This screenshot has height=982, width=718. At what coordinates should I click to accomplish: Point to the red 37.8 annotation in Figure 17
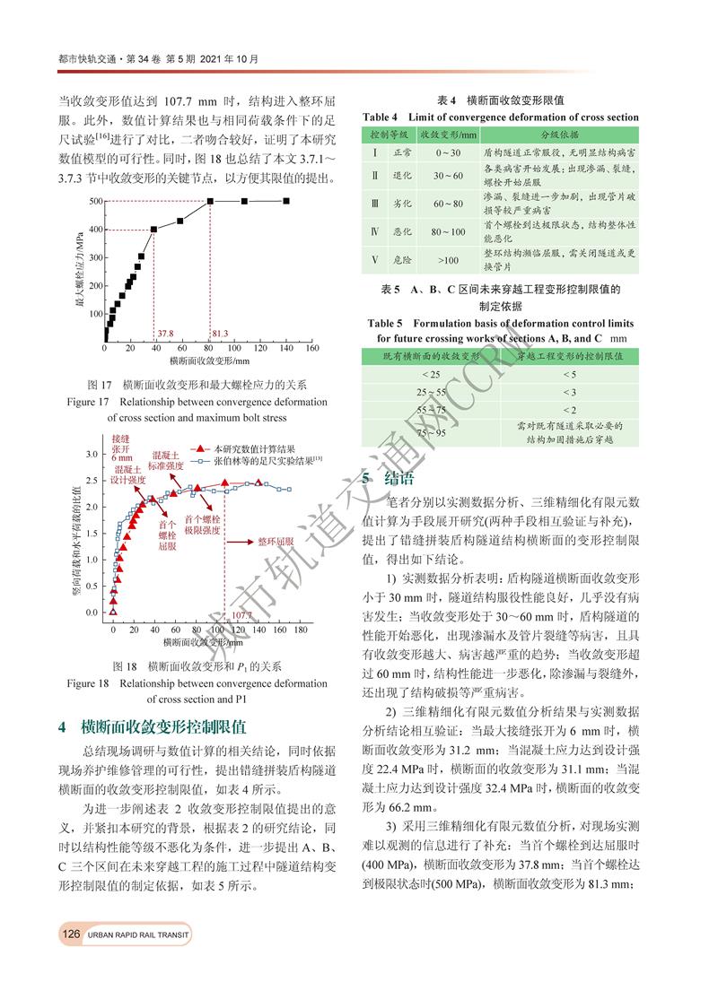tap(165, 332)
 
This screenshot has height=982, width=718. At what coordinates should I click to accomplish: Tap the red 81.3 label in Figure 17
tap(221, 332)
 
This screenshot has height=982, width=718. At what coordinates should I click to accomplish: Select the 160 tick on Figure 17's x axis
tap(311, 348)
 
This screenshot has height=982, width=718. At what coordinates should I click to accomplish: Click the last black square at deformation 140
tap(286, 201)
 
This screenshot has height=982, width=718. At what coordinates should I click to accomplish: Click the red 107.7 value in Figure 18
tap(241, 615)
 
